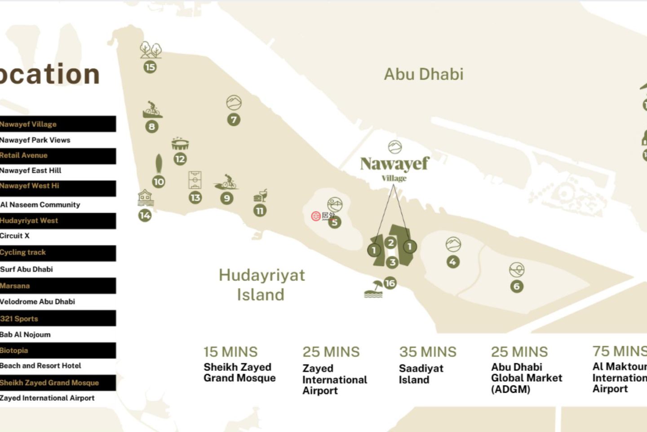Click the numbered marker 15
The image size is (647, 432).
[x=150, y=67]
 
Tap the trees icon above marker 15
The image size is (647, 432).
[x=151, y=50]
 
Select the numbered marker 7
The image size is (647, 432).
[x=233, y=120]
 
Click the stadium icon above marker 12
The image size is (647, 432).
[x=180, y=144]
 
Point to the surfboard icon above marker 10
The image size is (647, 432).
[x=159, y=164]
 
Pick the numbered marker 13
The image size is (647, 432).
[x=195, y=198]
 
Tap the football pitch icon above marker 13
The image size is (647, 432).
[x=195, y=180]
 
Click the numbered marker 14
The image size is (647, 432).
[x=145, y=216]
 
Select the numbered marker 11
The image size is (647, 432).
[x=260, y=211]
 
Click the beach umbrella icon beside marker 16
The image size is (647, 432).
[x=374, y=289]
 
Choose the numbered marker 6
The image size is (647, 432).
[x=517, y=287]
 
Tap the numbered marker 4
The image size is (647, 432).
[x=453, y=262]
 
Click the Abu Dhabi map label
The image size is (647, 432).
[x=424, y=74]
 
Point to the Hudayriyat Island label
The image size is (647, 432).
[x=261, y=284]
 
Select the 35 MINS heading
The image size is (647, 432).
[x=427, y=352]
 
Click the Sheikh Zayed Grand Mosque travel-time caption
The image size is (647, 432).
[x=239, y=373]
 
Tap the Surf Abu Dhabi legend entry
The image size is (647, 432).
[x=27, y=269]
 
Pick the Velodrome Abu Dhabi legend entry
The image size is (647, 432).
[x=38, y=301]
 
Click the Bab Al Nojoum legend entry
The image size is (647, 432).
[x=26, y=334]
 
